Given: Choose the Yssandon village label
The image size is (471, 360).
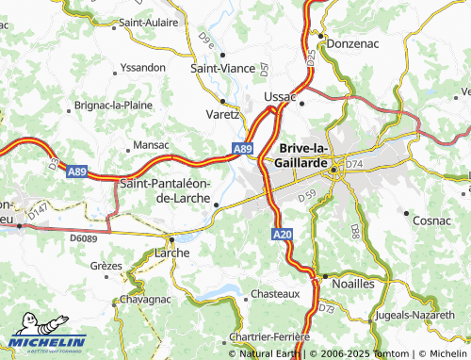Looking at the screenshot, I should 143,68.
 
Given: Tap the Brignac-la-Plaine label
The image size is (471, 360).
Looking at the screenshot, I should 120,106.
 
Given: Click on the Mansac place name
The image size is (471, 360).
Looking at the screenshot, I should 151,145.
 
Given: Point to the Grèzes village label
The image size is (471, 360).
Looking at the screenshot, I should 106,266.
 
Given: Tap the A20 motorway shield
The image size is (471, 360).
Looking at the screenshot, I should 284,234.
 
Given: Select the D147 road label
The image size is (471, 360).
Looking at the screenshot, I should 39,216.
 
